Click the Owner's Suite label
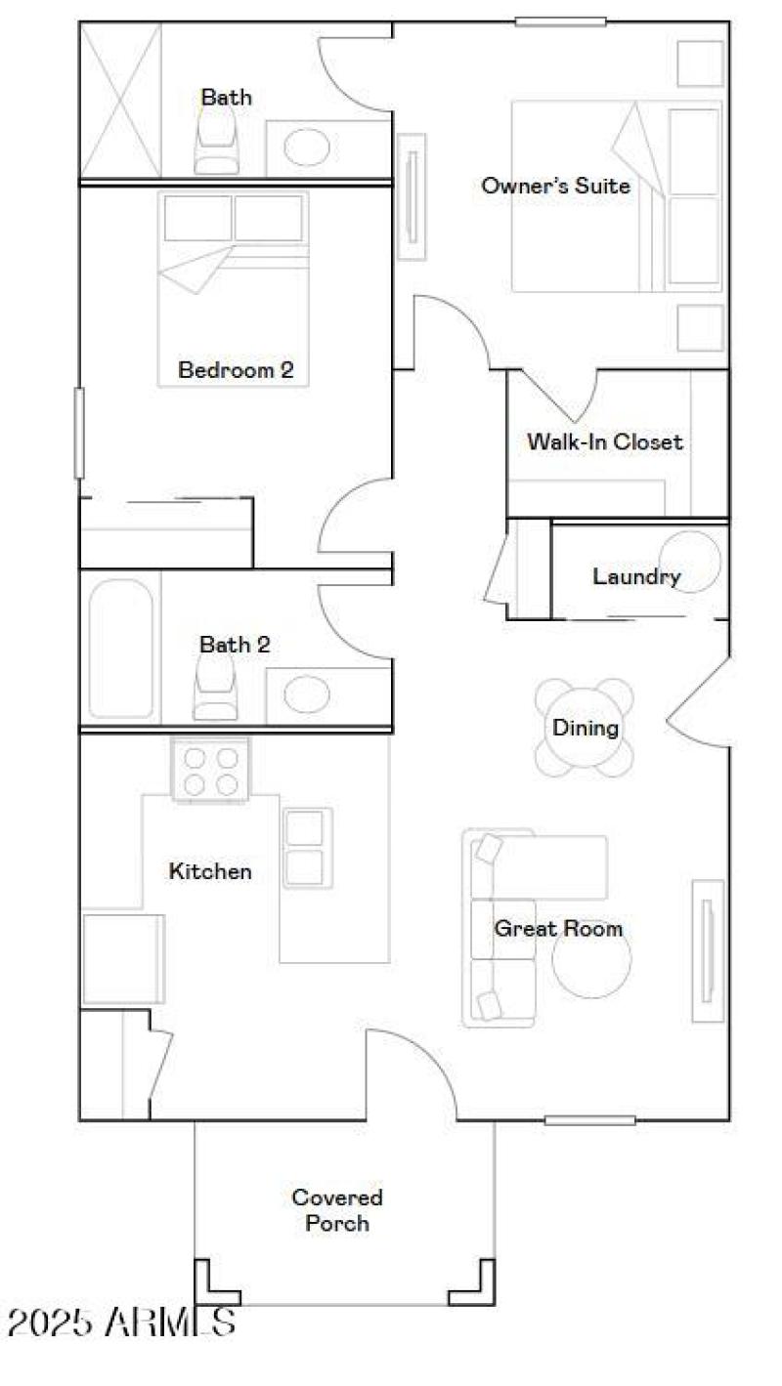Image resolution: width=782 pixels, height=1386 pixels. point(555,186)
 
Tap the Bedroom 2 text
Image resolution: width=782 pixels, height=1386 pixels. point(236,370)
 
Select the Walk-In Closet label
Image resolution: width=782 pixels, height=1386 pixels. point(604,441)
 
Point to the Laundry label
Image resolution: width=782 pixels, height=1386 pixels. point(636,576)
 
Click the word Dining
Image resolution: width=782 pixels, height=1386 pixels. point(586,728)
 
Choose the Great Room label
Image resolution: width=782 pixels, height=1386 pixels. point(558,928)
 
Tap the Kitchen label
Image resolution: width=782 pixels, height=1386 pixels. point(210,871)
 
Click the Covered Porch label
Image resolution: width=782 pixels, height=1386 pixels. point(337,1209)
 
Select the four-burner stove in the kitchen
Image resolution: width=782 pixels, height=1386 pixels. point(211,770)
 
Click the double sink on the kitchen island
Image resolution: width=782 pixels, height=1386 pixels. point(304,847)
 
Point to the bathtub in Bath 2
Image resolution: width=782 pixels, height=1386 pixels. point(121,648)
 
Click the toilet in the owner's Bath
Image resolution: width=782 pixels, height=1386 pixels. point(217,141)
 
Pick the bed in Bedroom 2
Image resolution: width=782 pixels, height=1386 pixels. point(234,288)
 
